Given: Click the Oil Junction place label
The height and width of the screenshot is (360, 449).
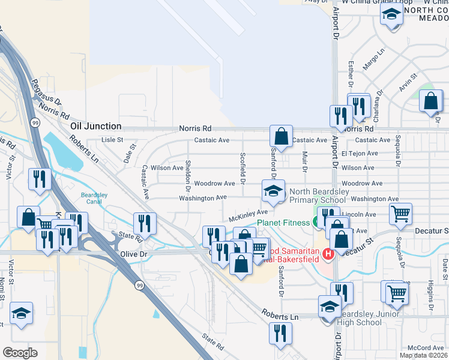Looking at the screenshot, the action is pyautogui.click(x=96, y=127).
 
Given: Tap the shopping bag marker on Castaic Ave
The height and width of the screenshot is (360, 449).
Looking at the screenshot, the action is pyautogui.click(x=281, y=136).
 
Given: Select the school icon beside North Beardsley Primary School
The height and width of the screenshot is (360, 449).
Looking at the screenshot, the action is pyautogui.click(x=273, y=191).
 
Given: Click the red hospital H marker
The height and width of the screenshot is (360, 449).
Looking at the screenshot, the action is pyautogui.click(x=328, y=254).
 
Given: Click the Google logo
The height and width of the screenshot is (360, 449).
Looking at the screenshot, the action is pyautogui.click(x=20, y=352).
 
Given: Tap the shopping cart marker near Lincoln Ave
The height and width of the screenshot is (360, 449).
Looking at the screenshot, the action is pyautogui.click(x=400, y=213).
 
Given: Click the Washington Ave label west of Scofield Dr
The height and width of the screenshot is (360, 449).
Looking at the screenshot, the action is pyautogui.click(x=203, y=197).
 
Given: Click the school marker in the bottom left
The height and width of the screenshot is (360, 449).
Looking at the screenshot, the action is pyautogui.click(x=21, y=313).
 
